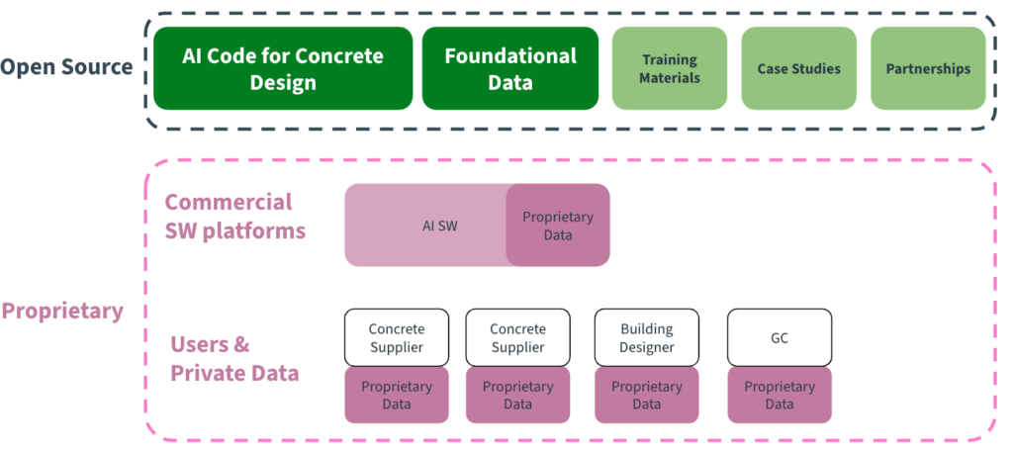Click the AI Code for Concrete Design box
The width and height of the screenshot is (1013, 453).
click(x=282, y=68)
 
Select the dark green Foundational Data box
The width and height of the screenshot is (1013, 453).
click(x=509, y=68)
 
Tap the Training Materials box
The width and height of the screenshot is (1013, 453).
click(x=670, y=68)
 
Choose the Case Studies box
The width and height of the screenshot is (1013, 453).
click(x=798, y=68)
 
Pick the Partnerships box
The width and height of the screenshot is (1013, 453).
click(x=928, y=68)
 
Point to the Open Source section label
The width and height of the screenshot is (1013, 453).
click(x=66, y=67)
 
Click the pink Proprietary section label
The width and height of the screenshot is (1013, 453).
click(x=62, y=311)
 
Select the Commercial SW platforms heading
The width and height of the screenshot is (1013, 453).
click(x=234, y=217)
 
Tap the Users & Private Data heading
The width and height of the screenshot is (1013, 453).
click(x=234, y=359)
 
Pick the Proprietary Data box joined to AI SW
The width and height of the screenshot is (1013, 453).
click(x=558, y=226)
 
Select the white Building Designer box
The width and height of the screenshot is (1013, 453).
click(x=646, y=337)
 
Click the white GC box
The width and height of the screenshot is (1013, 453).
click(x=779, y=337)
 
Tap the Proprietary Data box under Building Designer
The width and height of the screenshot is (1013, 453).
click(x=646, y=395)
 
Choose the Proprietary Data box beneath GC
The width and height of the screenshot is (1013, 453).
click(x=779, y=395)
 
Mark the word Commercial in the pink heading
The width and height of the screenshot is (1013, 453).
click(x=229, y=202)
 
